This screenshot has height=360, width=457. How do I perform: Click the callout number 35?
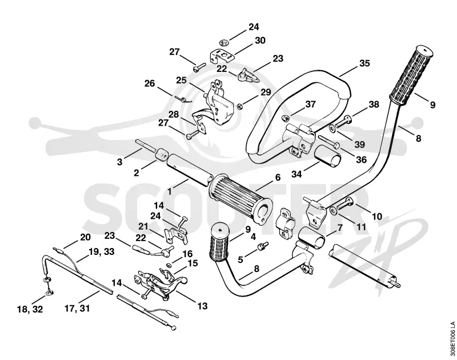pyautogui.click(x=364, y=63)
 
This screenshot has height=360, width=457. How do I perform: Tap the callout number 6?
pyautogui.click(x=278, y=178)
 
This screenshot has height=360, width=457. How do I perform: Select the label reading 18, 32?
pyautogui.click(x=30, y=309)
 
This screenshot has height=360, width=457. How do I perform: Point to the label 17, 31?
pyautogui.click(x=77, y=308)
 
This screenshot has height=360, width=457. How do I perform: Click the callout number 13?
pyautogui.click(x=202, y=306)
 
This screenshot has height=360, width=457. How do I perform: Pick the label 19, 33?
pyautogui.click(x=102, y=251)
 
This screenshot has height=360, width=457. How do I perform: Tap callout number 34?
pyautogui.click(x=296, y=174)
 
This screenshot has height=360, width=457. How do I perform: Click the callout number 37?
pyautogui.click(x=311, y=104)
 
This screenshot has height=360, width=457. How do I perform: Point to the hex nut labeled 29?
pyautogui.click(x=239, y=106)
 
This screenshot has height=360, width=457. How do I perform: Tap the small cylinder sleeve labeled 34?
pyautogui.click(x=327, y=156)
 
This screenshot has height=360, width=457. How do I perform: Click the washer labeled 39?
pyautogui.click(x=332, y=128)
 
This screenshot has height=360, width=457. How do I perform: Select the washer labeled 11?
pyautogui.click(x=332, y=210)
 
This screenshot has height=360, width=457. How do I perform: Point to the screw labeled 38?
pyautogui.click(x=344, y=121)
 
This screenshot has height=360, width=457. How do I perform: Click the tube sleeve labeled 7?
pyautogui.click(x=311, y=238)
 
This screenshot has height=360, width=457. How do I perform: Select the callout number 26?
pyautogui.click(x=150, y=83)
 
